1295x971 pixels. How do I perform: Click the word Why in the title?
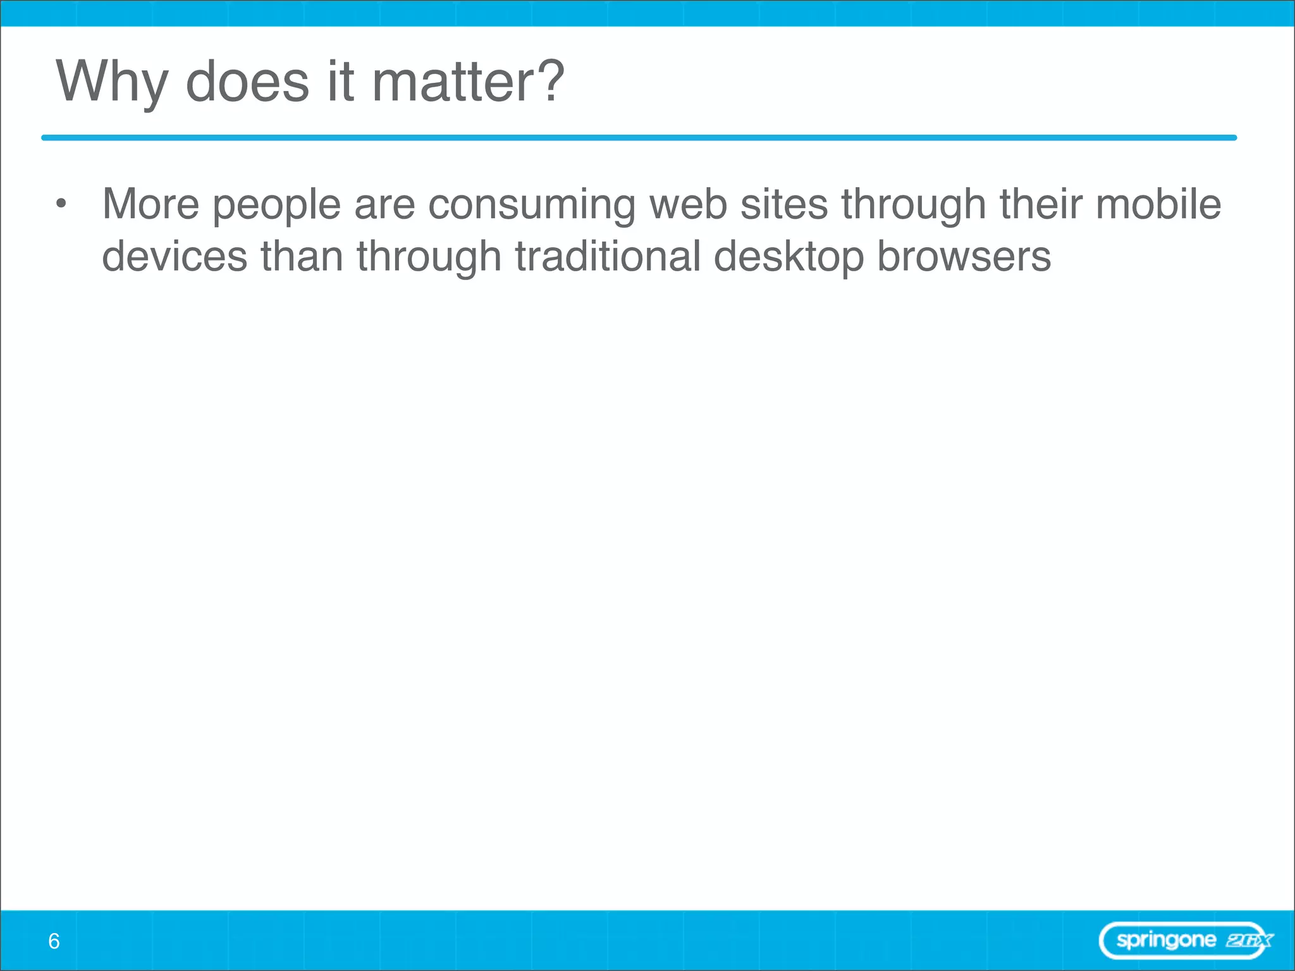pyautogui.click(x=112, y=82)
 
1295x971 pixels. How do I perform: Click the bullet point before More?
pyautogui.click(x=61, y=204)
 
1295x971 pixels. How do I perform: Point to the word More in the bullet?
pyautogui.click(x=151, y=204)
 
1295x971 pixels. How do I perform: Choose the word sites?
pyautogui.click(x=784, y=204)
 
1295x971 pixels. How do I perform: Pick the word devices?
pyautogui.click(x=175, y=257)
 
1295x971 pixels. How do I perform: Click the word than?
pyautogui.click(x=302, y=257)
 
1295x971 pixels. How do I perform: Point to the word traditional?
pyautogui.click(x=608, y=257)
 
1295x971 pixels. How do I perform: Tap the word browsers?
pyautogui.click(x=964, y=257)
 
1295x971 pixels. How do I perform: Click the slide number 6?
pyautogui.click(x=54, y=941)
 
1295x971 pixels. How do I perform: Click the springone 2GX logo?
pyautogui.click(x=1186, y=941)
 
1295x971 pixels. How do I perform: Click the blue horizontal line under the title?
pyautogui.click(x=639, y=138)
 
